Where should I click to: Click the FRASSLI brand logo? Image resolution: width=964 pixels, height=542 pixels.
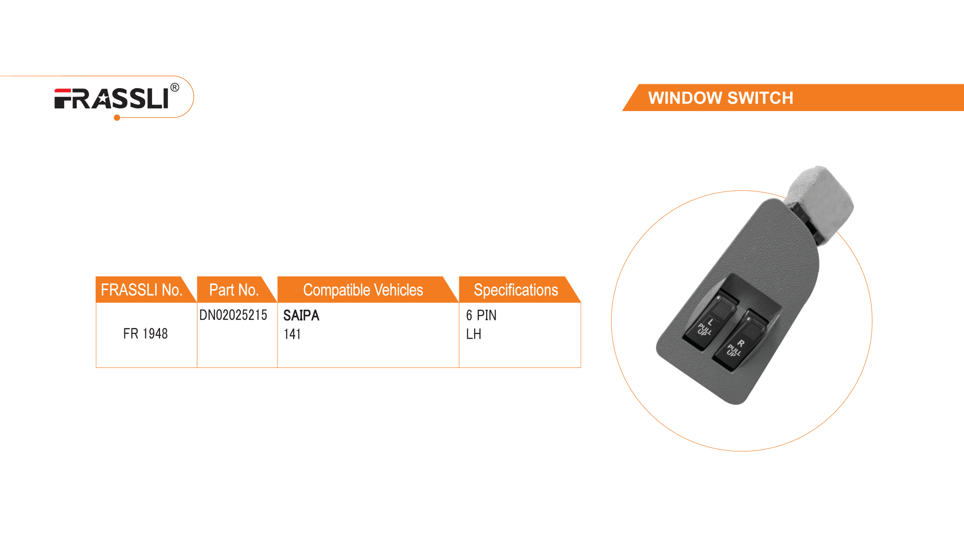pos(111,99)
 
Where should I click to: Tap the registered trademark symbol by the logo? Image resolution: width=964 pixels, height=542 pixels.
pos(175,88)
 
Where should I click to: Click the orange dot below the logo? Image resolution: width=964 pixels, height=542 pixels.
pos(117,118)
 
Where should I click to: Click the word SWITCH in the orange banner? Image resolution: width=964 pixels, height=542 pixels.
pos(760,98)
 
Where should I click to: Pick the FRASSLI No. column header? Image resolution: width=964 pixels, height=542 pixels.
pos(142,290)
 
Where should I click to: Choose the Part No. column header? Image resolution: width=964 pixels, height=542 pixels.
pos(234,290)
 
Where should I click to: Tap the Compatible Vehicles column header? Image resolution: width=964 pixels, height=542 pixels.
pos(363,290)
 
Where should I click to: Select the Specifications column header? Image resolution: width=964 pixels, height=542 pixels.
pos(516,290)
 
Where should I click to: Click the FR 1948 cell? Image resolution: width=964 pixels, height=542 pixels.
pos(145,333)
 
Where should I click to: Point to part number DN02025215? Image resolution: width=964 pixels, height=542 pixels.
pos(233,315)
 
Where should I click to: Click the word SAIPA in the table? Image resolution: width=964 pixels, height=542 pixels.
pos(301,315)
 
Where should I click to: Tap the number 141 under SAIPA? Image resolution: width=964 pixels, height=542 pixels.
pos(292,334)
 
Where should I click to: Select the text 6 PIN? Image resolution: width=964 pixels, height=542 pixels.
pos(481,315)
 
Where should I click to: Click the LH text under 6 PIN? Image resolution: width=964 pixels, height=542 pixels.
pos(473,334)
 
